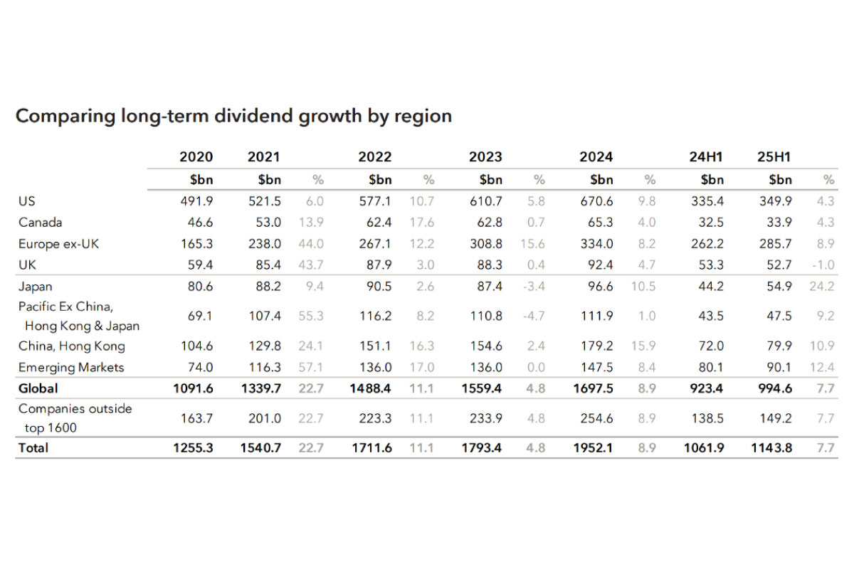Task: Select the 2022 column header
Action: tap(375, 156)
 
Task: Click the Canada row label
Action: tap(40, 222)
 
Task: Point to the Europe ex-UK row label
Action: tap(59, 244)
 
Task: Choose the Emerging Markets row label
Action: tap(71, 367)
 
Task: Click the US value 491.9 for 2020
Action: tap(196, 201)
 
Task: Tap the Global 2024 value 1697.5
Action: tap(591, 388)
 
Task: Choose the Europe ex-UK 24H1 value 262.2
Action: tap(707, 244)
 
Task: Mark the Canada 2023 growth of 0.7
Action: tap(535, 222)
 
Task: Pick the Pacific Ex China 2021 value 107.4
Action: tap(263, 315)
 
